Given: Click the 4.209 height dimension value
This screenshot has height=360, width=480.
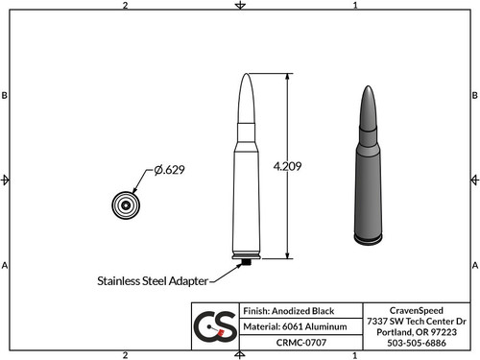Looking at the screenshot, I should [287, 166].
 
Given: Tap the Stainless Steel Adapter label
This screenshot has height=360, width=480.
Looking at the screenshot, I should [151, 282].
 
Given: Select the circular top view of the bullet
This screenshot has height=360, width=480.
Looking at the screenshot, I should [125, 205].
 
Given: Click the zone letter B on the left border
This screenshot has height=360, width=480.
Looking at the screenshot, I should [6, 96].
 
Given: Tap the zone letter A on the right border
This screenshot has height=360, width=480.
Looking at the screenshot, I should [474, 265].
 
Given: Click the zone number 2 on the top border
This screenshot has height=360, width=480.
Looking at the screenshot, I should [126, 6].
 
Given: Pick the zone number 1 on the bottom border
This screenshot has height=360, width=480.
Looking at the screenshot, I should [355, 354].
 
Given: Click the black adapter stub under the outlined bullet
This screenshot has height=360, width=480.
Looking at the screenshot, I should [247, 261].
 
